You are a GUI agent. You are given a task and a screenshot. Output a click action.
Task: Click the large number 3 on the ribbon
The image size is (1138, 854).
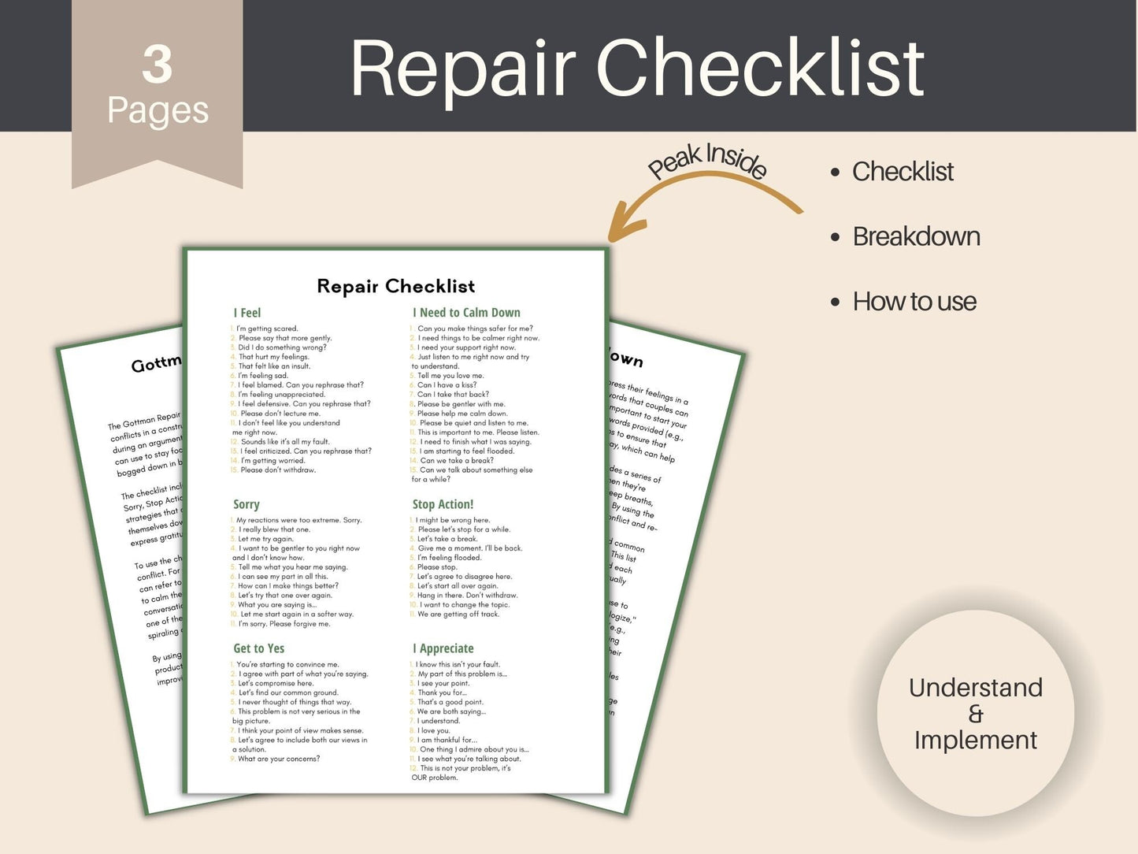pyautogui.click(x=158, y=65)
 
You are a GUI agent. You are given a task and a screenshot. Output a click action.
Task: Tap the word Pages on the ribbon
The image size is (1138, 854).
pyautogui.click(x=158, y=110)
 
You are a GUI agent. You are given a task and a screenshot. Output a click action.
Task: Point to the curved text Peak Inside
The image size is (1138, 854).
pyautogui.click(x=707, y=161)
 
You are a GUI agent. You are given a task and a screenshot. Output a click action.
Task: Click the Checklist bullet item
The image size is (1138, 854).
pyautogui.click(x=903, y=171)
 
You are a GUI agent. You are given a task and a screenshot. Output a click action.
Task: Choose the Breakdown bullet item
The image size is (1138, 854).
pyautogui.click(x=916, y=236)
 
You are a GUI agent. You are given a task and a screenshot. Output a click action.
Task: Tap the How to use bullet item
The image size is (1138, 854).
pyautogui.click(x=914, y=301)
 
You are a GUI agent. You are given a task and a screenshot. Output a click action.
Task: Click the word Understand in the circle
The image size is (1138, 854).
pyautogui.click(x=975, y=688)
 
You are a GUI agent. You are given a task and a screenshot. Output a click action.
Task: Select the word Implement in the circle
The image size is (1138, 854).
pyautogui.click(x=975, y=740)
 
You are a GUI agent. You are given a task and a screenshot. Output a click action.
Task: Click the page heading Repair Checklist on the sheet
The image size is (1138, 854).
pyautogui.click(x=395, y=286)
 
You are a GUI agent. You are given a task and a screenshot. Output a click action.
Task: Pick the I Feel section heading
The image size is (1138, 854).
pyautogui.click(x=247, y=313)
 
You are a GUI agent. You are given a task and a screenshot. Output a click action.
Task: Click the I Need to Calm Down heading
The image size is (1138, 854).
pyautogui.click(x=466, y=313)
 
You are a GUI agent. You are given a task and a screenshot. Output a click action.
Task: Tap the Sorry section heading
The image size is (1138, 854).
pyautogui.click(x=247, y=504)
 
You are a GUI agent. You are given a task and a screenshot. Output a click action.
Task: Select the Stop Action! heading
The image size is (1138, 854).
pyautogui.click(x=443, y=504)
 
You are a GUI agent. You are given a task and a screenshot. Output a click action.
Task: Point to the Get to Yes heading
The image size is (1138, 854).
pyautogui.click(x=258, y=648)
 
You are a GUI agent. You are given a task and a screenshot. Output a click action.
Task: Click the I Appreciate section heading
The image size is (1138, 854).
pyautogui.click(x=443, y=648)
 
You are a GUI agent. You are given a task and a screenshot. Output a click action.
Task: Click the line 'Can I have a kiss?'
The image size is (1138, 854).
pyautogui.click(x=447, y=385)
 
